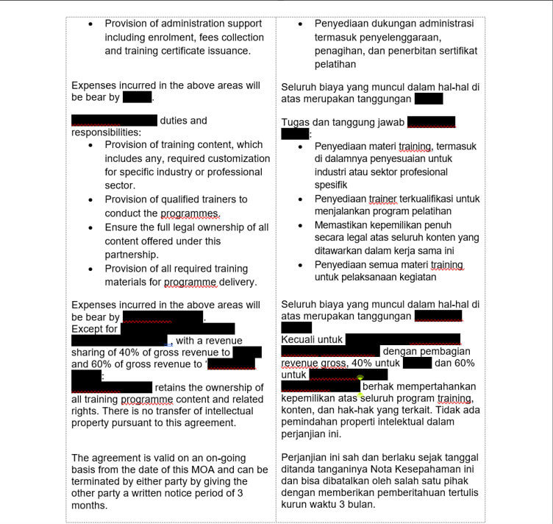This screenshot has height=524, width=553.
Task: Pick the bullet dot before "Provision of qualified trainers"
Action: coord(90,199)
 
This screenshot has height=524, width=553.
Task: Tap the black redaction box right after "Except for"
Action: coord(178,329)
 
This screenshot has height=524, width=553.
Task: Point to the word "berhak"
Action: coord(379,386)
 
